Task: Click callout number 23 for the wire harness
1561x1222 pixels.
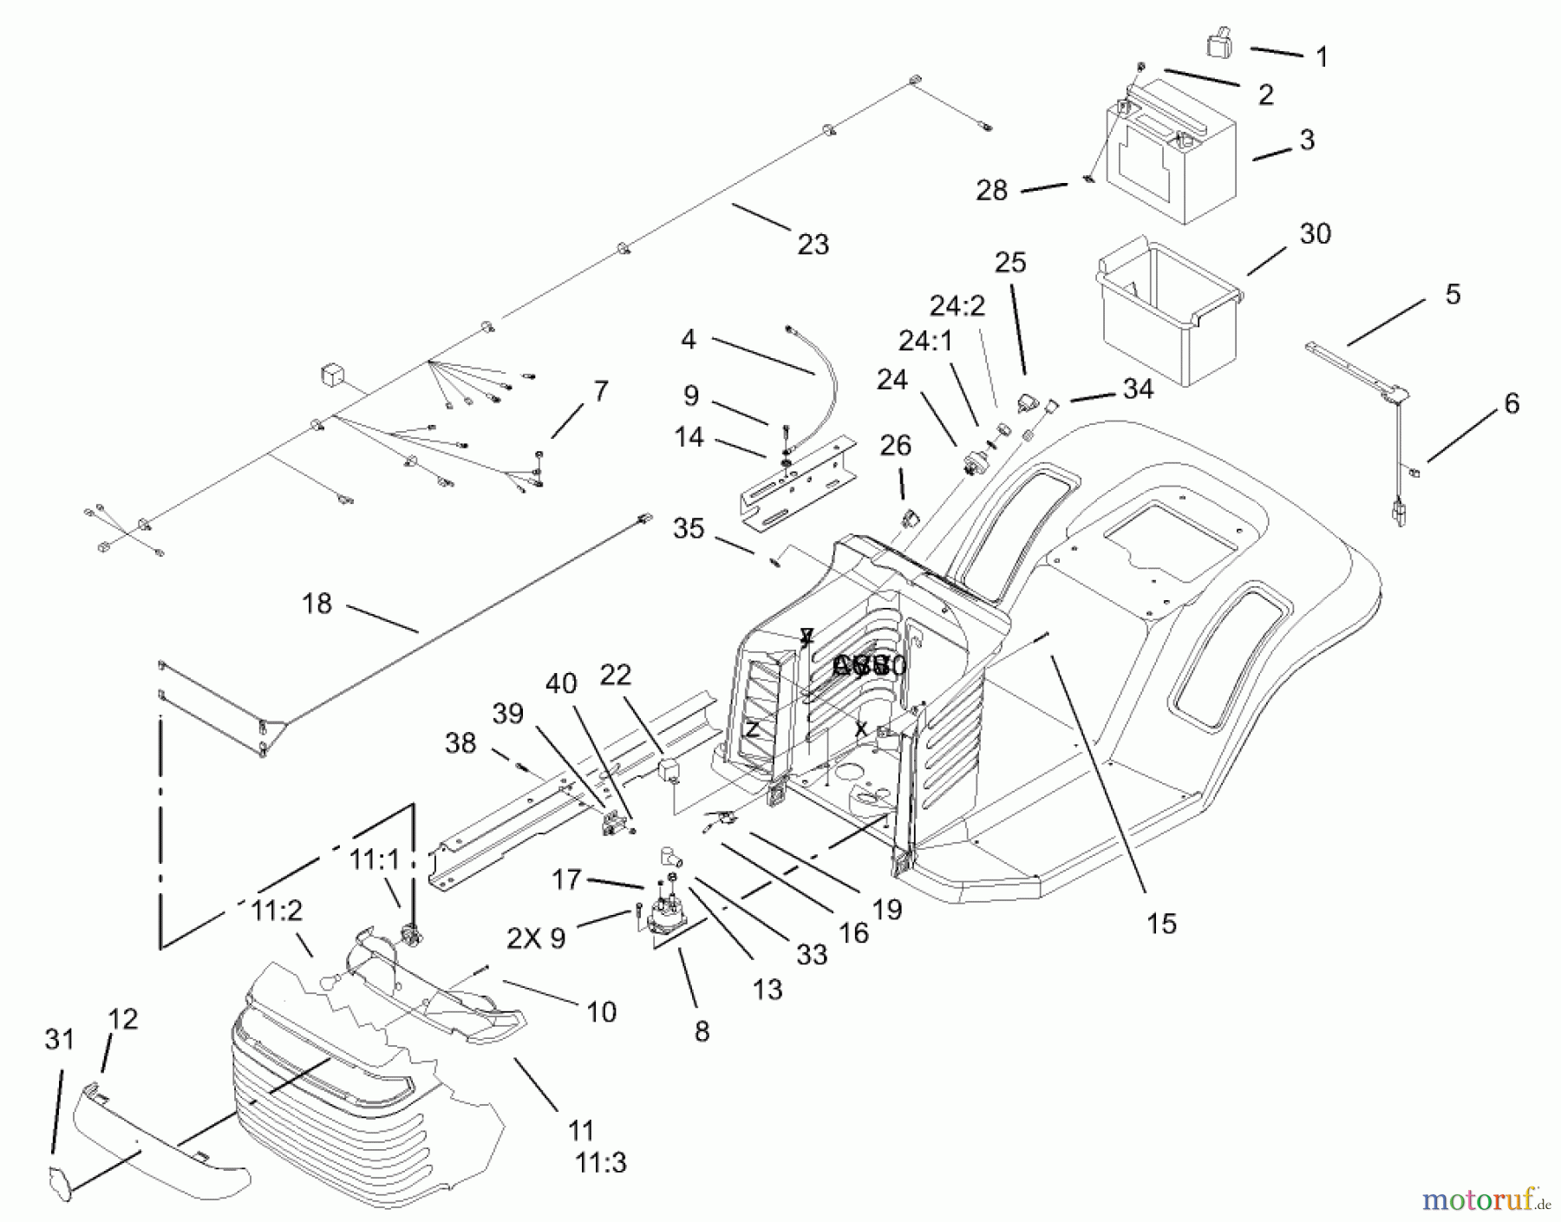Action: (813, 245)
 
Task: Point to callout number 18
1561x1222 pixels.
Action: (317, 604)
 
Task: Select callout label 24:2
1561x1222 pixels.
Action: (957, 306)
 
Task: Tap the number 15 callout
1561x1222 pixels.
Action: (1161, 924)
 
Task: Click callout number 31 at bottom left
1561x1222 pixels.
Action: (59, 1039)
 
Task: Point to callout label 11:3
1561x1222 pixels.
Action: (600, 1162)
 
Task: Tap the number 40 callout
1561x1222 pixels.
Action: (560, 684)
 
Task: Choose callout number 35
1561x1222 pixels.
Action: (689, 528)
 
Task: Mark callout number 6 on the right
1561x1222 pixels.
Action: (1511, 403)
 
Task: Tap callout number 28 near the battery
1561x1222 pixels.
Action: (991, 191)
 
